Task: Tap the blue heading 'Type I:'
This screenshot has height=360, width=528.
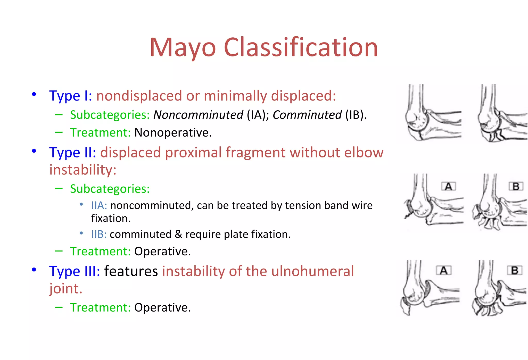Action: tap(70, 96)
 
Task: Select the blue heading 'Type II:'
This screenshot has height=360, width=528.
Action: tap(72, 153)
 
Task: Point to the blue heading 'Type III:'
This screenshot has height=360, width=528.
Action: tap(75, 271)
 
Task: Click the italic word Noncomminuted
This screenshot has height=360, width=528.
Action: tap(198, 115)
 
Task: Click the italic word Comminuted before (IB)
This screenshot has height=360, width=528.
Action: tap(307, 115)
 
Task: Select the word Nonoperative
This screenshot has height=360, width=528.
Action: tap(173, 133)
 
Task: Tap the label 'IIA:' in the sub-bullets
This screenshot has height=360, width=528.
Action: tap(99, 206)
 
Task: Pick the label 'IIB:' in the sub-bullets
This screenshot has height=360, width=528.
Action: tap(99, 235)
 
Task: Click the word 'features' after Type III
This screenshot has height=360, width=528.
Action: tap(131, 271)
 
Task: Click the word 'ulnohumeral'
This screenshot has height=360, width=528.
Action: tap(312, 271)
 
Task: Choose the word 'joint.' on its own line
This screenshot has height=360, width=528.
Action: tap(66, 289)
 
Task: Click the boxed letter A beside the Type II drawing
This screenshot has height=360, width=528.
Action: tap(448, 186)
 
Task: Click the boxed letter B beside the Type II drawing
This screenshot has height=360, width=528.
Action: tap(516, 186)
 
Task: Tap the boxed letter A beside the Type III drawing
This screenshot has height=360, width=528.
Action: tap(443, 271)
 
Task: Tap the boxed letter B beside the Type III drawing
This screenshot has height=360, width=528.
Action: tap(515, 271)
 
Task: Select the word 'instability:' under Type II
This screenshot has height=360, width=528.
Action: tap(83, 170)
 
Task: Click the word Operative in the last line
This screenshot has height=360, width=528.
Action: tap(162, 308)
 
